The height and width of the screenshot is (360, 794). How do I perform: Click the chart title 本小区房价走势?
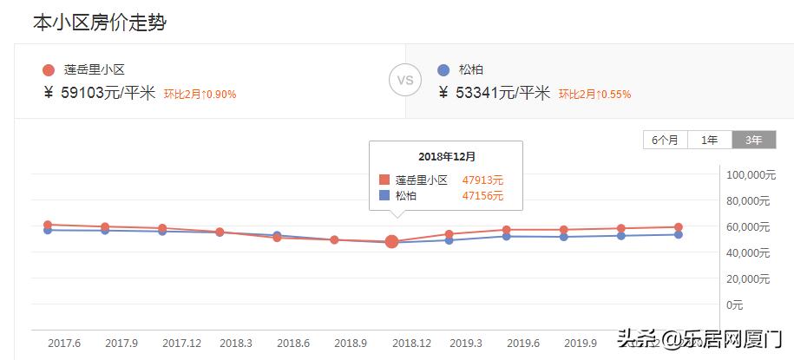click(99, 23)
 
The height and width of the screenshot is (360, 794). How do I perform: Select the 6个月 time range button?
click(665, 140)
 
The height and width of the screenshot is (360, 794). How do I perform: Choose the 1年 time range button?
click(709, 140)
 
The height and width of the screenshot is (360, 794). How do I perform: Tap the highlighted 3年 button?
click(753, 140)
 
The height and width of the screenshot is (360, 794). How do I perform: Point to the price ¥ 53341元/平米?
click(495, 93)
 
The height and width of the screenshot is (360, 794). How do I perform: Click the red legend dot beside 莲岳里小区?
click(49, 70)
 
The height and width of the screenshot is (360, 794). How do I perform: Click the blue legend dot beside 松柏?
click(443, 70)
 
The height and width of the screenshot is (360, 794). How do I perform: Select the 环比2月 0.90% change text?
click(200, 94)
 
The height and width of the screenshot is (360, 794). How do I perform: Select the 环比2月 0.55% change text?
click(594, 94)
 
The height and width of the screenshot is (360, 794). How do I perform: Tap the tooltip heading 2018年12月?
click(446, 156)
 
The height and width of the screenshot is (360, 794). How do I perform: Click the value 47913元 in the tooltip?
click(482, 180)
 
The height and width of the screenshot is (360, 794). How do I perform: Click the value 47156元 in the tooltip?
click(482, 196)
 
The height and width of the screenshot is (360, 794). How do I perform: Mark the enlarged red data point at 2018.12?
click(391, 241)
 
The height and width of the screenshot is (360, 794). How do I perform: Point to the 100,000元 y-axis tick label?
click(748, 175)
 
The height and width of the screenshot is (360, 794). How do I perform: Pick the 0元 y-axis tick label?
click(734, 304)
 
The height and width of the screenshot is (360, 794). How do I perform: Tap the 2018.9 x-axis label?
click(351, 343)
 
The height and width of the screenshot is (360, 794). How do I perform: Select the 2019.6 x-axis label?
click(522, 343)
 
